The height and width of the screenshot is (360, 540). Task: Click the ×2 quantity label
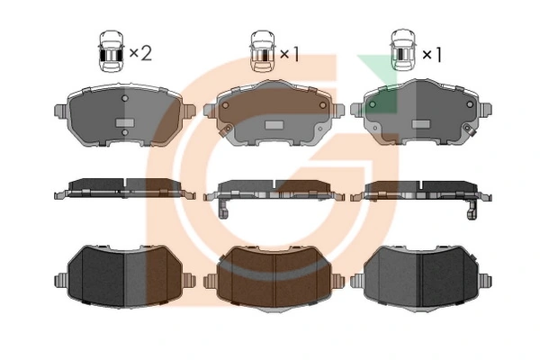[140, 53]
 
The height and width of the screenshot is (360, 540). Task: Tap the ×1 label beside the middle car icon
[290, 54]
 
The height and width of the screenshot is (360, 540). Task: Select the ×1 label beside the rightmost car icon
[432, 54]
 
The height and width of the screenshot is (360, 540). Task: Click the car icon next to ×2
[111, 51]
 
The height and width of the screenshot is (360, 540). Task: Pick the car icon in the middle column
[263, 51]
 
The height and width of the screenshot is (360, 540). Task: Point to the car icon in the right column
[403, 50]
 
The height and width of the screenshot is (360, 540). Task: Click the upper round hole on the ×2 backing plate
[125, 98]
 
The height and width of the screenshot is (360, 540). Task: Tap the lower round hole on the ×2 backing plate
[125, 132]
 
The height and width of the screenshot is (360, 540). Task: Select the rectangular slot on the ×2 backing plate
[124, 122]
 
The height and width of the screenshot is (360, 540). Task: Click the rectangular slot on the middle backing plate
[274, 125]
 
